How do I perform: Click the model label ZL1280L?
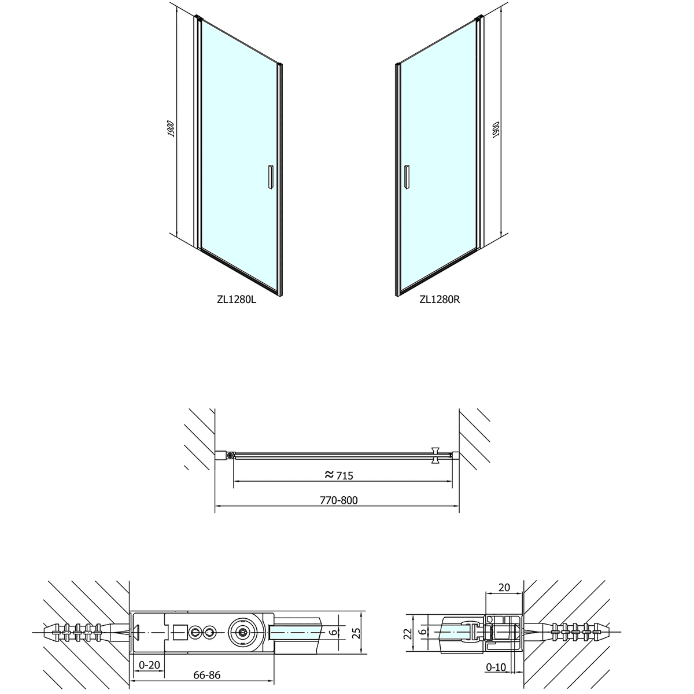click(x=237, y=299)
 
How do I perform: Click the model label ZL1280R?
click(x=440, y=299)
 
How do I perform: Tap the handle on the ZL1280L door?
click(x=271, y=176)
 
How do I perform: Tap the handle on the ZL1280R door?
click(x=407, y=176)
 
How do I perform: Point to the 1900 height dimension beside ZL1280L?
click(x=171, y=128)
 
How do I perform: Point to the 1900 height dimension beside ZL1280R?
click(x=496, y=130)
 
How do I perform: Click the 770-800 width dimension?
click(x=338, y=500)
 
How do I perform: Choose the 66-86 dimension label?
click(x=206, y=675)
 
